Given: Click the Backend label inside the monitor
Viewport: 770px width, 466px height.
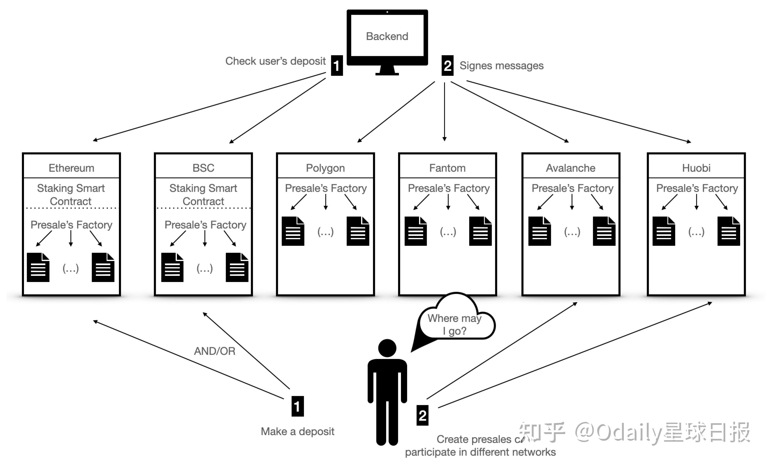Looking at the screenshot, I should point(387,36).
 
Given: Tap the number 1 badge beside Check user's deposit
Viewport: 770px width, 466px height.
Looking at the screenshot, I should point(337,66).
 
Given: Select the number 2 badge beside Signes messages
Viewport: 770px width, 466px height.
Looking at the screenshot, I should point(447,66).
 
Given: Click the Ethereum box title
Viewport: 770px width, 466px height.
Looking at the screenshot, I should point(71,168).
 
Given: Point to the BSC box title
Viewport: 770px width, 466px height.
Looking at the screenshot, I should point(203,168).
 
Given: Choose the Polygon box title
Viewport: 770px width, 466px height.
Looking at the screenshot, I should point(325,168).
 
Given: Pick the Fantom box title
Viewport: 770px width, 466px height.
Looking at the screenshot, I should point(447,168).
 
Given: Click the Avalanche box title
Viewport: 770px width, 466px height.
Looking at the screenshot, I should point(571,168).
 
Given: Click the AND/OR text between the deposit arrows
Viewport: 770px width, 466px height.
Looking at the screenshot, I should point(215,351).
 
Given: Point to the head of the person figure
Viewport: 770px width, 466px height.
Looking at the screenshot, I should point(387,348).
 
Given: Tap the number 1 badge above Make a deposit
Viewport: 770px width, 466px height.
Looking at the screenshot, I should point(297,406).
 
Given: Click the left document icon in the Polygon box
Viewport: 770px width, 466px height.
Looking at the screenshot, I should point(293,231).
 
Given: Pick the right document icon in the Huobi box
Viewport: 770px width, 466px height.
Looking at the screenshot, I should point(729,231).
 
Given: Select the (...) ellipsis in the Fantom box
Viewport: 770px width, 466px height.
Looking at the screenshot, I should point(448,232).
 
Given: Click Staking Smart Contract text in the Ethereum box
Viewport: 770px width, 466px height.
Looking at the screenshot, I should point(71,195).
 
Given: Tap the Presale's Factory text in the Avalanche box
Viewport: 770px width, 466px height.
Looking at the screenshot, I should point(572,188).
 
